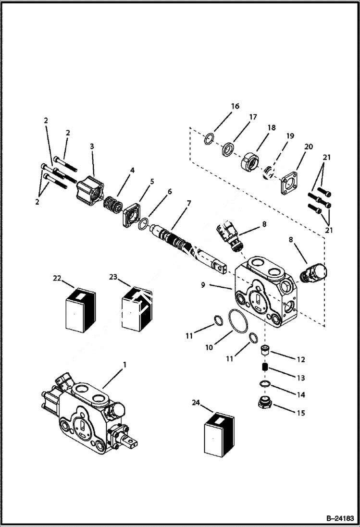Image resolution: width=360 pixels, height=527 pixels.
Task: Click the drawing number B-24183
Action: point(339,518)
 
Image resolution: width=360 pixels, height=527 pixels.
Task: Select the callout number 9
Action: point(203,285)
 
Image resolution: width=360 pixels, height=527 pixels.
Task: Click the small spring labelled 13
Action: point(264,368)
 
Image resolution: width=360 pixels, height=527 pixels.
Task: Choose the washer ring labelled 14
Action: point(263,383)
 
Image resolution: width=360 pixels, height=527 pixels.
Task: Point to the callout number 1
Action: point(124,365)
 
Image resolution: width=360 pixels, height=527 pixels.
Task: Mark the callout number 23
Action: point(113,277)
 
